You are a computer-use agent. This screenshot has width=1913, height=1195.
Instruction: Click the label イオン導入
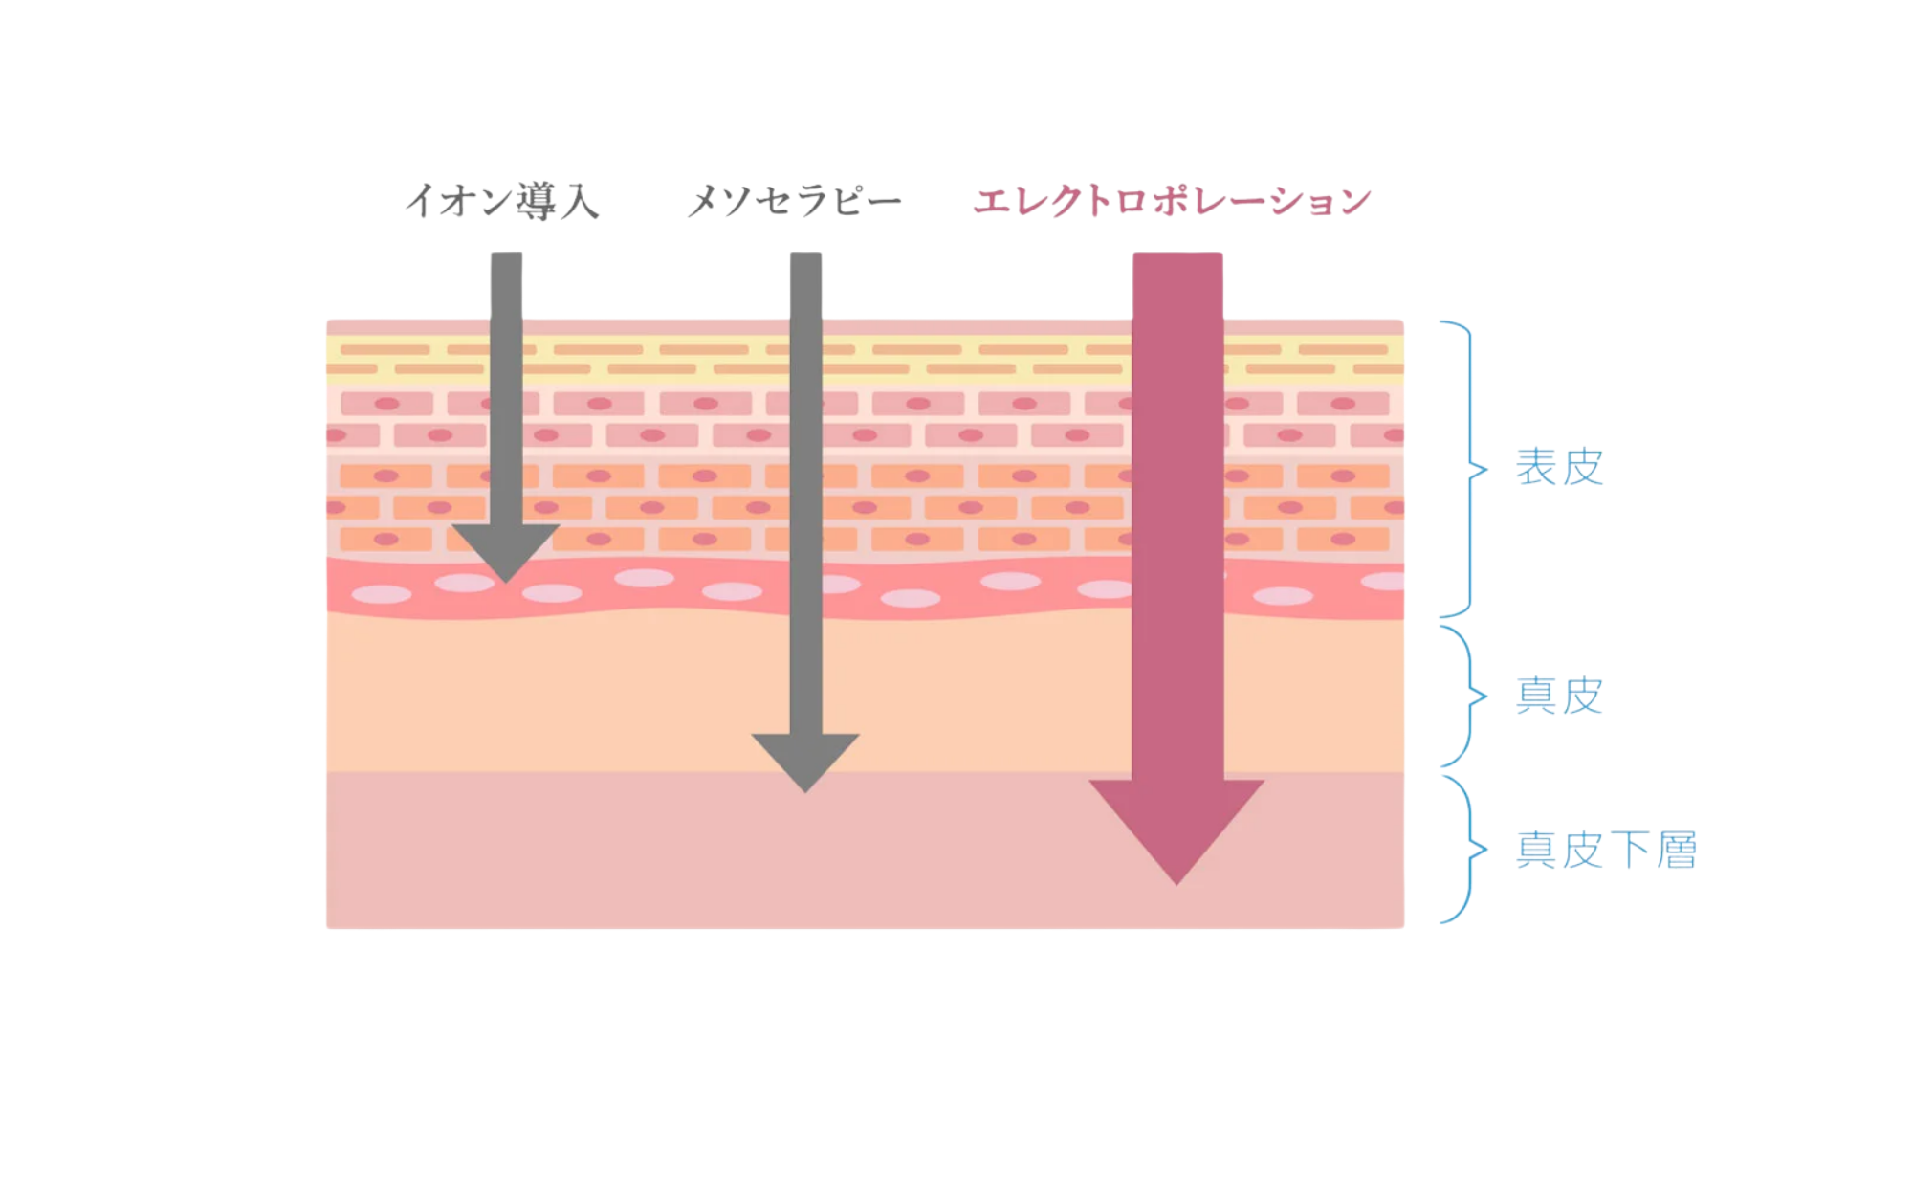tap(502, 202)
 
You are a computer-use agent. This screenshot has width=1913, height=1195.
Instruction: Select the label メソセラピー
tap(794, 202)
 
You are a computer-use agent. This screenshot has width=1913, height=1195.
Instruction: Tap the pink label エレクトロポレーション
tap(1172, 202)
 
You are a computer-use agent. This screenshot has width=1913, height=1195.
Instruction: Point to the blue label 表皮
tap(1559, 467)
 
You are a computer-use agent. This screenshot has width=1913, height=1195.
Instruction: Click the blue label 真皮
tap(1559, 696)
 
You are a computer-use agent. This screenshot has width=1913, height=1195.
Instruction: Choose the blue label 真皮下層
tap(1606, 850)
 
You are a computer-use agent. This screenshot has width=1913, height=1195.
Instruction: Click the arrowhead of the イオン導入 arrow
tap(505, 549)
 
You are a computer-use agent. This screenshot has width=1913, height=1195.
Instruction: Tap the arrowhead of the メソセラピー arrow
tap(805, 759)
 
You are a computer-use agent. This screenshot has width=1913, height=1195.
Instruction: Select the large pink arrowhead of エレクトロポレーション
tap(1176, 823)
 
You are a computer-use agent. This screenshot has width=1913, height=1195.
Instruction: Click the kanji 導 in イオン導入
tap(537, 202)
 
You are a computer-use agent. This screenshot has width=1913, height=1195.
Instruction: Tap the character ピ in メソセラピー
tap(848, 202)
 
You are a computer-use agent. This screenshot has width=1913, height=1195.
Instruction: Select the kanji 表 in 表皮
tap(1536, 467)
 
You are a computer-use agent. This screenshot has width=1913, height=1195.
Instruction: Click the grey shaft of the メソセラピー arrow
tap(805, 478)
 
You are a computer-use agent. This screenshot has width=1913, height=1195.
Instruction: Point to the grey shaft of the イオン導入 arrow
tap(506, 383)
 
